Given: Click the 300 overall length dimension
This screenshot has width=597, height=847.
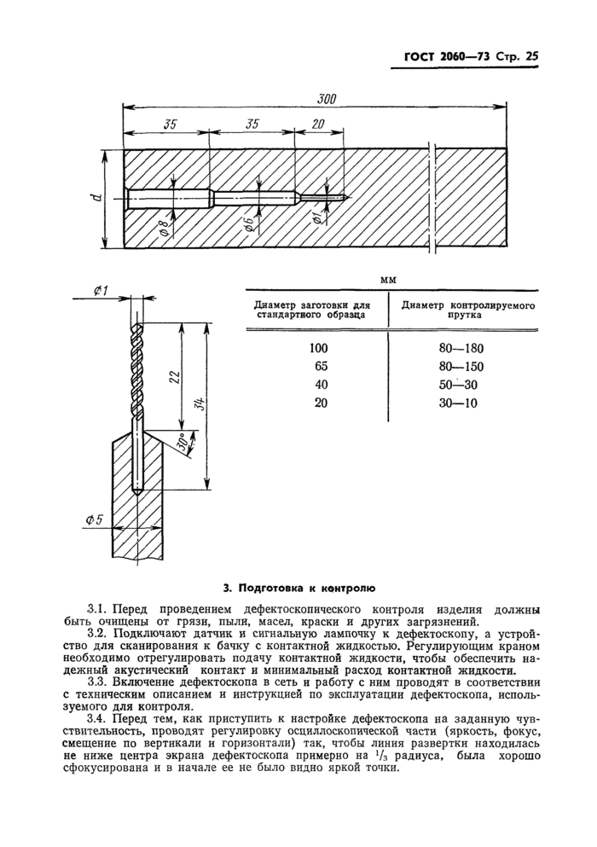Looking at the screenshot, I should point(326,99).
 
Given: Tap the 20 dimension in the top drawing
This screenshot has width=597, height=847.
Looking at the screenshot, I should point(318,124).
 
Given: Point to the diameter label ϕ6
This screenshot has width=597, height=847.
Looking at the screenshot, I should point(249,226).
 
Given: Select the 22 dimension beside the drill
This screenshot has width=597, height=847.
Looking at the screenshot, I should point(174,378).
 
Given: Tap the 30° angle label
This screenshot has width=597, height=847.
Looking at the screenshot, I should point(183,444).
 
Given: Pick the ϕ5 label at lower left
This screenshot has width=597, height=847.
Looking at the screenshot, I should point(95,519).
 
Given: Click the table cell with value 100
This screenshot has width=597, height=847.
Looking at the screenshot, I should point(319,348).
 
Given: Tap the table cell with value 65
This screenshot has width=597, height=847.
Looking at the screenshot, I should point(320,366).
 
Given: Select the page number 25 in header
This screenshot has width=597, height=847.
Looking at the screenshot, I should point(532,57).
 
